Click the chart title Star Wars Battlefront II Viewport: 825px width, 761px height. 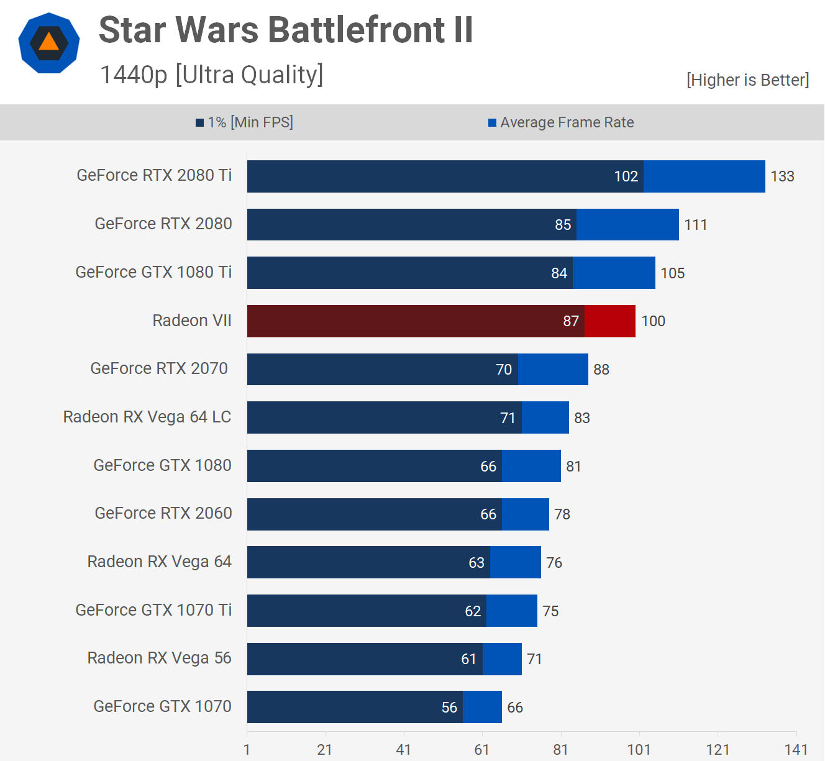click(x=286, y=30)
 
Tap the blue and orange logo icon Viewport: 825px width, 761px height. click(x=49, y=43)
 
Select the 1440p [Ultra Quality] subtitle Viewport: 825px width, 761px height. click(x=212, y=75)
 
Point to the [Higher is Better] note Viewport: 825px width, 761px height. click(x=747, y=80)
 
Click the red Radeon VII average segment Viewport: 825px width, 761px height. click(x=610, y=321)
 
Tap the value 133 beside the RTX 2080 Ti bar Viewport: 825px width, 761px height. click(x=782, y=176)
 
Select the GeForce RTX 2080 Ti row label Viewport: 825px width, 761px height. click(x=154, y=175)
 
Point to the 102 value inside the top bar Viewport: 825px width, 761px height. click(x=626, y=176)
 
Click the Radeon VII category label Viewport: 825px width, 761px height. click(x=192, y=321)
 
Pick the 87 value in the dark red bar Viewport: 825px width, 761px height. click(x=571, y=321)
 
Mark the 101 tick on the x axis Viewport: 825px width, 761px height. click(x=639, y=749)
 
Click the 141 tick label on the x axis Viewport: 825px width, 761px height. click(x=796, y=749)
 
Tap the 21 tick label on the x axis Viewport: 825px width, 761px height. click(x=324, y=749)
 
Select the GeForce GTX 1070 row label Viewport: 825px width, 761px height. click(x=162, y=706)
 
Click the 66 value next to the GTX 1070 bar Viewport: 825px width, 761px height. click(x=515, y=708)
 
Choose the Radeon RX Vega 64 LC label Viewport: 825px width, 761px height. click(x=147, y=417)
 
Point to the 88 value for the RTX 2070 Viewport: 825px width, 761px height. click(x=601, y=370)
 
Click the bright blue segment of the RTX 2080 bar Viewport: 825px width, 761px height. click(x=627, y=224)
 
